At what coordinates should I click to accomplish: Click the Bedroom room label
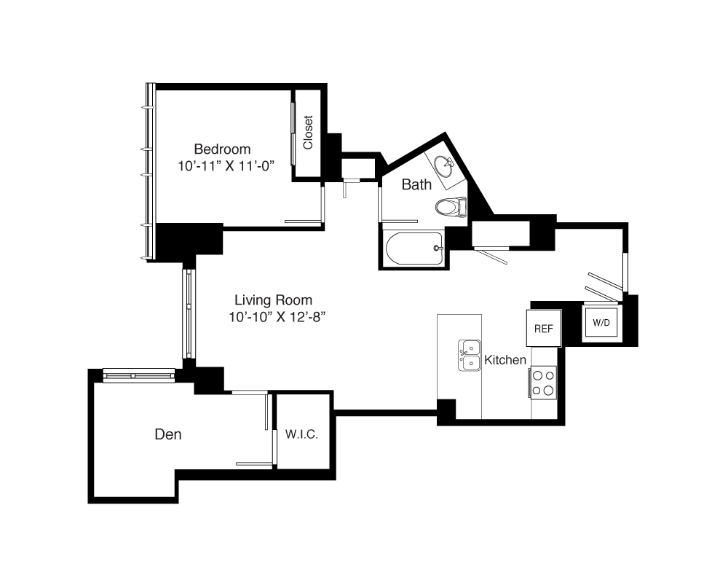point(222,149)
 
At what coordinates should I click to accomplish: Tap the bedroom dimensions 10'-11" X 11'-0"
point(226,166)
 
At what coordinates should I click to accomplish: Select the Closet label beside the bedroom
point(308,133)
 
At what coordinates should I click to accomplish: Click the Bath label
point(416,184)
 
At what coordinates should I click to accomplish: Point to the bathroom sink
point(444,166)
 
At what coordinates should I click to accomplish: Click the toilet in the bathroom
point(451,207)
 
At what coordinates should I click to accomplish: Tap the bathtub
point(414,249)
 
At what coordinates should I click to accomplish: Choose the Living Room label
point(273,300)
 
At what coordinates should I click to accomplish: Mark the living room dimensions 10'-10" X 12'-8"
point(277,317)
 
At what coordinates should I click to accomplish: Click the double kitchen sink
point(470,356)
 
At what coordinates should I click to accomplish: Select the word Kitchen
point(505,360)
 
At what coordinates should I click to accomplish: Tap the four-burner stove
point(543,383)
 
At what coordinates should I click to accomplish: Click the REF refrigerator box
point(544,328)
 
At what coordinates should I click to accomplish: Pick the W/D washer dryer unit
point(601,322)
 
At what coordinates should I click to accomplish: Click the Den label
point(168,434)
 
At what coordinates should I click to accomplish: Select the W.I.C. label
point(302,434)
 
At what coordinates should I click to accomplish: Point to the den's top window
point(139,375)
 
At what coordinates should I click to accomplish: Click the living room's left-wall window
point(189,314)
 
